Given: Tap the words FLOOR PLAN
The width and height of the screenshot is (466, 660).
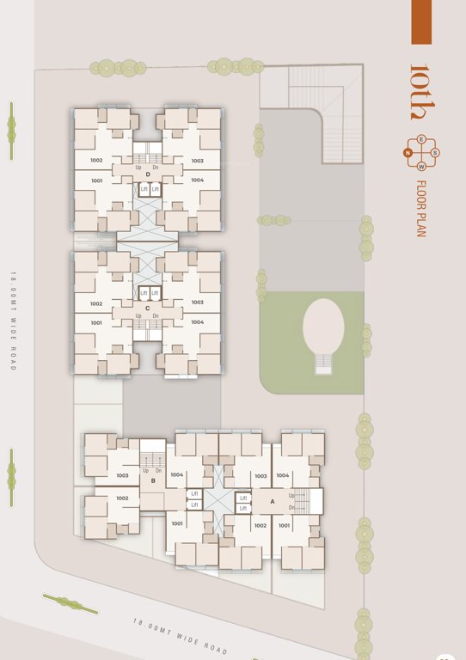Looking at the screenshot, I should click(x=421, y=207).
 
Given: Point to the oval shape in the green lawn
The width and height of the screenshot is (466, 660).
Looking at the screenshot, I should click(x=323, y=326).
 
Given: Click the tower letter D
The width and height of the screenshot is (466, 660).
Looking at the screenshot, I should click(x=148, y=174).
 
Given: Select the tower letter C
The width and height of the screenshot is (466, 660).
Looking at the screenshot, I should click(x=148, y=308).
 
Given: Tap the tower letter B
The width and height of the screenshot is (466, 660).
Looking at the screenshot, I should click(x=153, y=481).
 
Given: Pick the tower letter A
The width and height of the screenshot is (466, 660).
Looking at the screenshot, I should click(x=273, y=501).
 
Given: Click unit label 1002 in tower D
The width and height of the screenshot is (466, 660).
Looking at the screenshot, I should click(x=96, y=161).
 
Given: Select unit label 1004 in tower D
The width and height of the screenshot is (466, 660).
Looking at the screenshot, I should click(x=197, y=180).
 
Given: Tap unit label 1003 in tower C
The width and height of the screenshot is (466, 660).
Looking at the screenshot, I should click(x=197, y=302).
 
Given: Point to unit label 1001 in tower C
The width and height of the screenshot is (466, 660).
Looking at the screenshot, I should click(x=96, y=322).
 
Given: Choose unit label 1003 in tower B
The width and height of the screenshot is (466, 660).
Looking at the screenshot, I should click(x=122, y=475).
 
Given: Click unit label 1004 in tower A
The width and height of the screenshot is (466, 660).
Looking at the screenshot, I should click(x=283, y=475).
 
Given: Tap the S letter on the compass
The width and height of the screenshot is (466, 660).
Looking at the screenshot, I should click(x=436, y=153).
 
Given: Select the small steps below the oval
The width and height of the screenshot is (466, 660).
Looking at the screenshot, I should click(x=323, y=364).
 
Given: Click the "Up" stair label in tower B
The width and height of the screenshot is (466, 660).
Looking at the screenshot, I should click(x=146, y=470).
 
